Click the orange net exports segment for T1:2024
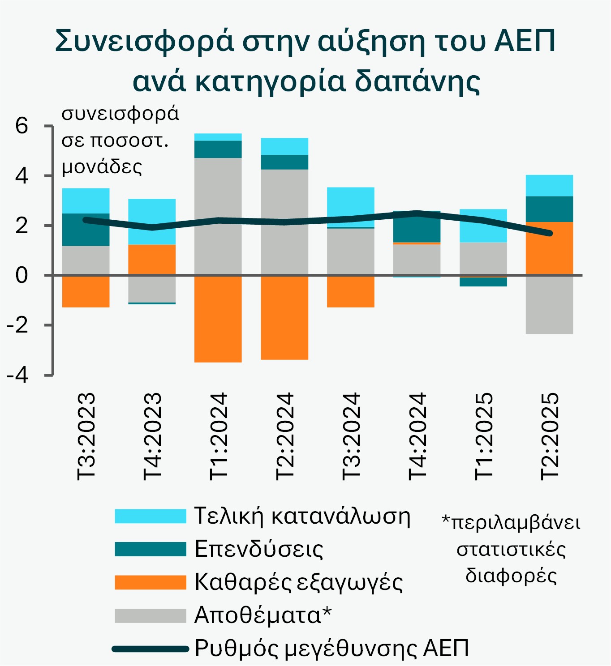coord(218,319)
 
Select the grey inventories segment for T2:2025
coord(549,304)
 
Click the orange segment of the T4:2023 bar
coord(152,260)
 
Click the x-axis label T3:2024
coord(351,436)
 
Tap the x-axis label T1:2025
coord(483,436)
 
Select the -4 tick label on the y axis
coord(17,375)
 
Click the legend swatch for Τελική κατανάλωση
coord(150,516)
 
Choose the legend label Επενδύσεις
coord(259,549)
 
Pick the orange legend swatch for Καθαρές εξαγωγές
coord(150,582)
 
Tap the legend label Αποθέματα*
coord(263,615)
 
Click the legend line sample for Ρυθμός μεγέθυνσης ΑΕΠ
coord(150,649)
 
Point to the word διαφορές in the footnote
coord(511,576)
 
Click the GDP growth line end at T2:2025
coord(549,233)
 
